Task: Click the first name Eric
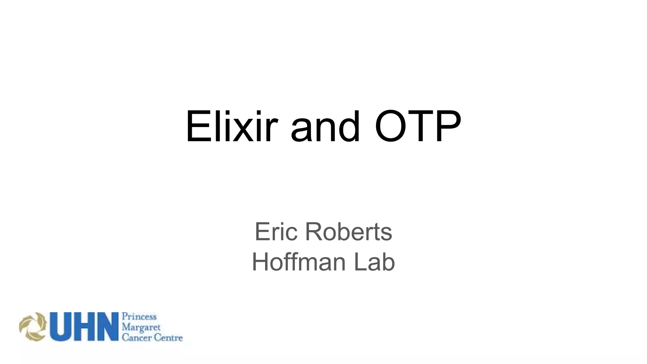click(x=276, y=232)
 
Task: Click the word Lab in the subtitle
click(x=374, y=262)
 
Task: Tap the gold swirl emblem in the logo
click(x=33, y=327)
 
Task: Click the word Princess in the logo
click(x=139, y=317)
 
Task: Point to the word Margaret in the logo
click(x=141, y=327)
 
